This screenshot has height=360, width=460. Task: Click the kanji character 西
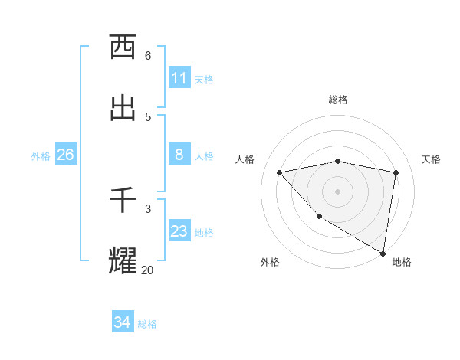click(x=123, y=47)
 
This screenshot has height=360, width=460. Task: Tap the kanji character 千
click(x=123, y=201)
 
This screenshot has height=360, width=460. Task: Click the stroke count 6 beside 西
click(x=148, y=55)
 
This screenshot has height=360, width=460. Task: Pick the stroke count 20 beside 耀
click(x=147, y=270)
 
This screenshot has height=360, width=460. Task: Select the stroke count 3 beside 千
click(x=148, y=208)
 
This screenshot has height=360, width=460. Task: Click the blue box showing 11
click(x=179, y=78)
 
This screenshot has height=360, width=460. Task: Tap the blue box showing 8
click(x=179, y=155)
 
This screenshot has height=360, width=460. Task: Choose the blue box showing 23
click(x=179, y=231)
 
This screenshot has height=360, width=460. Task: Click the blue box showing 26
click(x=65, y=155)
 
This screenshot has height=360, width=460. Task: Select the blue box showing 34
click(x=122, y=322)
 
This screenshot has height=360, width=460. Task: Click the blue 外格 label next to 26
click(x=41, y=156)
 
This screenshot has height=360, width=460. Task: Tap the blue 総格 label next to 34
click(x=147, y=324)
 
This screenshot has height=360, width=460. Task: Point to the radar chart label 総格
click(x=338, y=100)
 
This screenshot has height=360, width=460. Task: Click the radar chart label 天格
click(x=431, y=159)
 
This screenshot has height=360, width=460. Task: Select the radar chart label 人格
click(x=245, y=159)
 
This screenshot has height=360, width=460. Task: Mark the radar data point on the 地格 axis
click(x=383, y=252)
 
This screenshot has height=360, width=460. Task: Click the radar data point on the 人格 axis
click(x=280, y=172)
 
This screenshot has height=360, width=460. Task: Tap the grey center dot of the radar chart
click(x=338, y=191)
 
